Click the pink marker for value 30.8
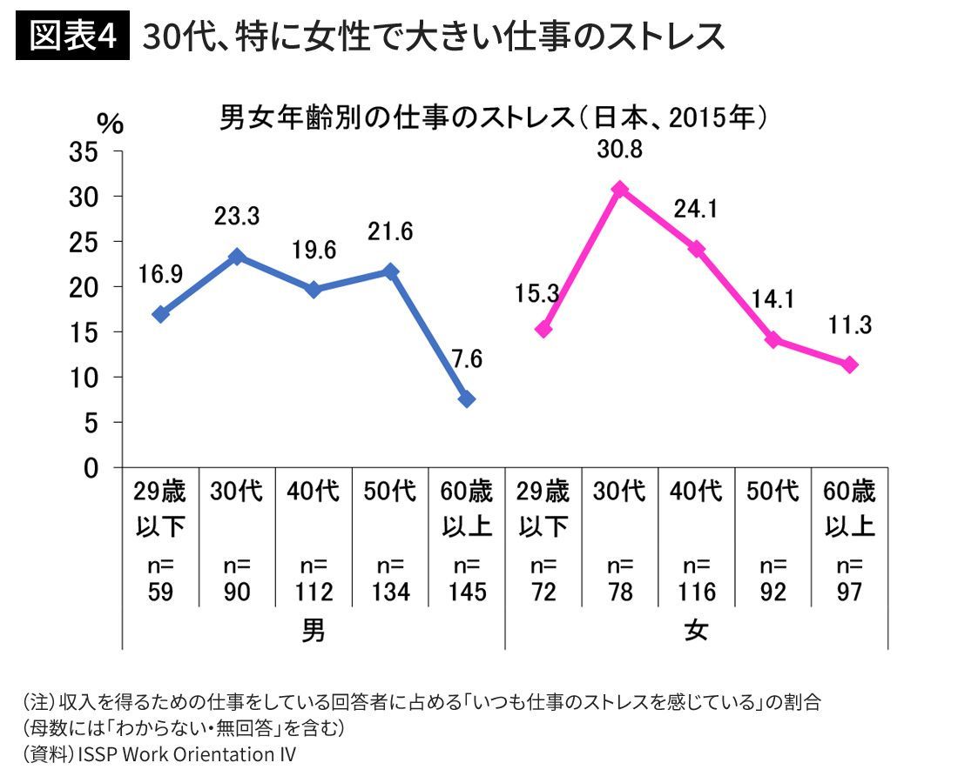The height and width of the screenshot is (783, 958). pos(620,189)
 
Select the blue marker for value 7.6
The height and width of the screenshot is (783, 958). pos(467,398)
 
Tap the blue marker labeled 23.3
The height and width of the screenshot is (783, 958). pos(237,257)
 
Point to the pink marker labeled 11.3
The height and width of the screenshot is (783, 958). pos(850,365)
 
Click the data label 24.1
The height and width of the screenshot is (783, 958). pos(693,210)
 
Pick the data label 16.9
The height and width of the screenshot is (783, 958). pos(160,276)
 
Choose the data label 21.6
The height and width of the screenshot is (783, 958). pos(390,231)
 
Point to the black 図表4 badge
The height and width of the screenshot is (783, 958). pos(72,37)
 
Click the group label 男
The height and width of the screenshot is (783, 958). pos(314,631)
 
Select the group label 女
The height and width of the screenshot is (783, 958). pos(697,631)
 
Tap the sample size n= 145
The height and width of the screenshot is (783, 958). pos(467,579)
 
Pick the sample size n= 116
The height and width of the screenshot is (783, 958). pos(697,579)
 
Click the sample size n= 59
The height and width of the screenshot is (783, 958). pos(160,579)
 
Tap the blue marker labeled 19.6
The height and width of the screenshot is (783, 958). pos(314,290)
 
